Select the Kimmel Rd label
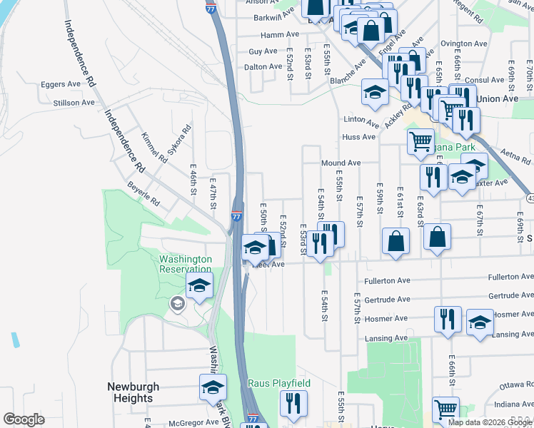coord(153,146)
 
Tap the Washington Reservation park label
coord(185,264)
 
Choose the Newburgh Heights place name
coord(133,392)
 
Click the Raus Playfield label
coord(279,384)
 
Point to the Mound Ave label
coord(341,163)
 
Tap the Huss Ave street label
coord(358,137)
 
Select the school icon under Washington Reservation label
coord(200,287)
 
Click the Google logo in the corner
coord(24,419)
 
